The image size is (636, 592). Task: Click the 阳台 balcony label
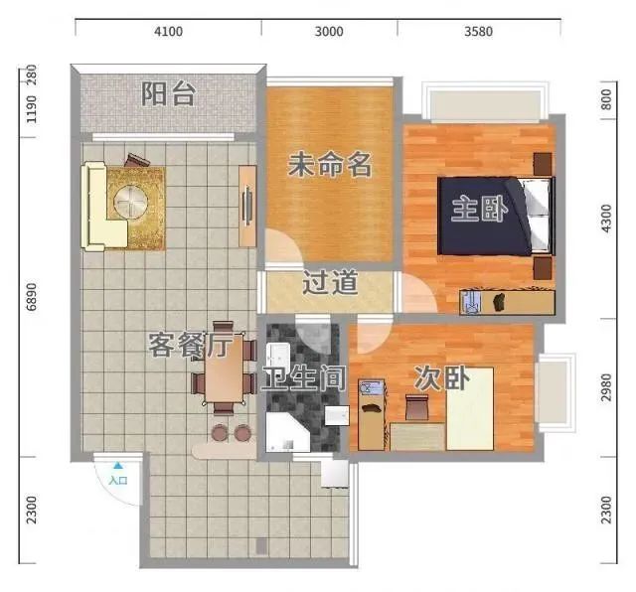[x=168, y=94]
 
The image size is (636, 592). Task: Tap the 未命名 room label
[x=329, y=165]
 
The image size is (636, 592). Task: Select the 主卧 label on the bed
[x=479, y=209]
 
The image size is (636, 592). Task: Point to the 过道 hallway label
[x=330, y=282]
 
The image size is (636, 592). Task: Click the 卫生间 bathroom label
[x=303, y=377]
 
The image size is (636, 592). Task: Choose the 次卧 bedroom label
[x=441, y=377]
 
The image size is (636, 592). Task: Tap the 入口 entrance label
[x=118, y=481]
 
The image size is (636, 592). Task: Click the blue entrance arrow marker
[x=117, y=466]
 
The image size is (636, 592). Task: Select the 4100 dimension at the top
[x=168, y=31]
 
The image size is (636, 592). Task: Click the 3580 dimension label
[x=479, y=31]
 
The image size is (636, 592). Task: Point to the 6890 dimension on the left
[x=31, y=297]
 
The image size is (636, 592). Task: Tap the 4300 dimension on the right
[x=605, y=219]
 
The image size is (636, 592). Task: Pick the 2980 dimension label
[x=605, y=387]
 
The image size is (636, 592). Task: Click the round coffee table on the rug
[x=130, y=201]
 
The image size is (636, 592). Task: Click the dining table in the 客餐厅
[x=225, y=368]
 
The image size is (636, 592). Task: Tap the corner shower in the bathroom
[x=287, y=432]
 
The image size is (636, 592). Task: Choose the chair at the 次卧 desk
[x=416, y=407]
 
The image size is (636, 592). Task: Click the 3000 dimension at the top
[x=329, y=31]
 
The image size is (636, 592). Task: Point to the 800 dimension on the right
[x=605, y=99]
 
